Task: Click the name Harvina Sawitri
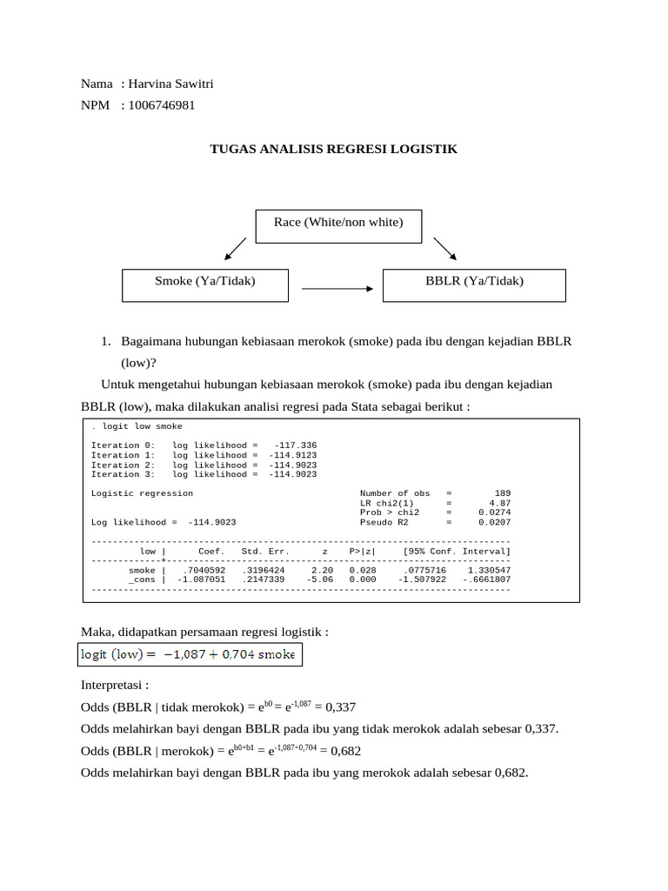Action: [170, 84]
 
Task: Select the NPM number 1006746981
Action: [162, 105]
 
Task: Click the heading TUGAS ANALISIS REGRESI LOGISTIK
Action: [334, 150]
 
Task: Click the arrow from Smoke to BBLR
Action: [337, 287]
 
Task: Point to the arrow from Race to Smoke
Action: [235, 248]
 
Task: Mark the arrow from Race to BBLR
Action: [444, 248]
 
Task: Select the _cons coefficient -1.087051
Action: [201, 579]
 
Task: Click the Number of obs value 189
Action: [502, 493]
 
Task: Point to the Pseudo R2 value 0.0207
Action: [494, 522]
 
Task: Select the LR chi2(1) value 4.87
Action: [499, 503]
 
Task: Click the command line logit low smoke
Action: [137, 426]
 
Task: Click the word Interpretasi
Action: [115, 685]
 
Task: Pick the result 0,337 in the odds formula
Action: [341, 707]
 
